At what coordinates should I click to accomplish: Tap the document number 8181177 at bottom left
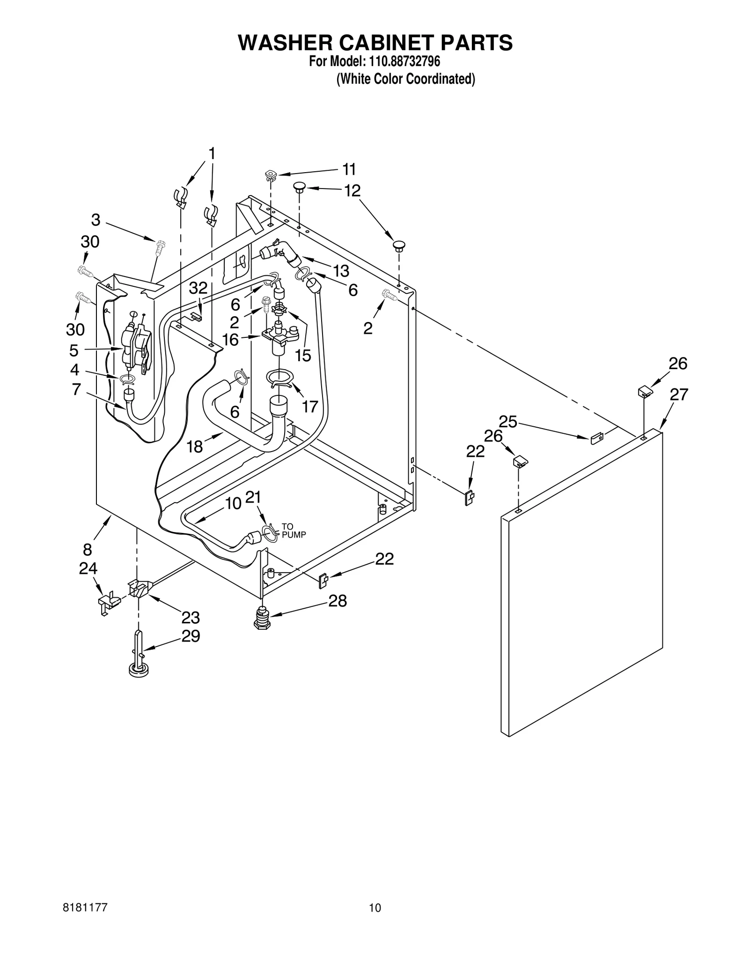[x=85, y=908]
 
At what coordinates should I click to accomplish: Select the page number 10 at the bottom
[x=374, y=908]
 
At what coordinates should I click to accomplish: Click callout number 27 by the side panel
[x=678, y=395]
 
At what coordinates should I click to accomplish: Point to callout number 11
[x=349, y=169]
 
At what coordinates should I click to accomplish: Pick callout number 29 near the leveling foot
[x=191, y=636]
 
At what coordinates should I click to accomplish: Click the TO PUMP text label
[x=294, y=531]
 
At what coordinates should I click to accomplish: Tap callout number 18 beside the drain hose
[x=195, y=447]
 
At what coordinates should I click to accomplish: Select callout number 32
[x=198, y=288]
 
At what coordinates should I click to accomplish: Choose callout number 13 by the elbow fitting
[x=341, y=270]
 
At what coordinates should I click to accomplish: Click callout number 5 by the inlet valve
[x=74, y=350]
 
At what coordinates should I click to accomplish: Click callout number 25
[x=508, y=422]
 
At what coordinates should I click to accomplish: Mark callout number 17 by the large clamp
[x=310, y=406]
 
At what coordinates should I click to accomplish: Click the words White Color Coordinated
[x=406, y=79]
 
